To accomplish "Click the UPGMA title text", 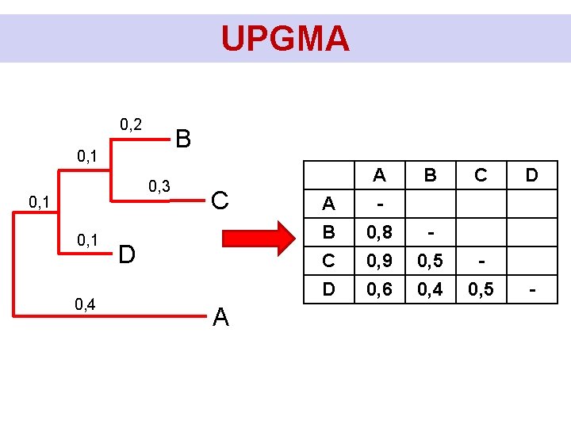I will click(285, 38).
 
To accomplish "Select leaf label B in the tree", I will click(183, 139).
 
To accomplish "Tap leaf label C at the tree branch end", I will click(221, 201).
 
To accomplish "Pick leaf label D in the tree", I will click(126, 254).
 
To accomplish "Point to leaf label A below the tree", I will click(221, 317).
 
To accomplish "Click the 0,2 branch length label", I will click(131, 124).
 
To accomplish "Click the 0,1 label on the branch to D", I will click(87, 239).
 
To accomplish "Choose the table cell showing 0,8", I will click(380, 233).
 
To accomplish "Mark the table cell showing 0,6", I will click(380, 290).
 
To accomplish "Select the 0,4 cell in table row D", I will click(430, 290).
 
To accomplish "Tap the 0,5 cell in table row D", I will click(481, 290).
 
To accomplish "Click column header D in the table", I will click(531, 175).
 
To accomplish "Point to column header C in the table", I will click(481, 175).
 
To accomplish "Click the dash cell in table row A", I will click(380, 204).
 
